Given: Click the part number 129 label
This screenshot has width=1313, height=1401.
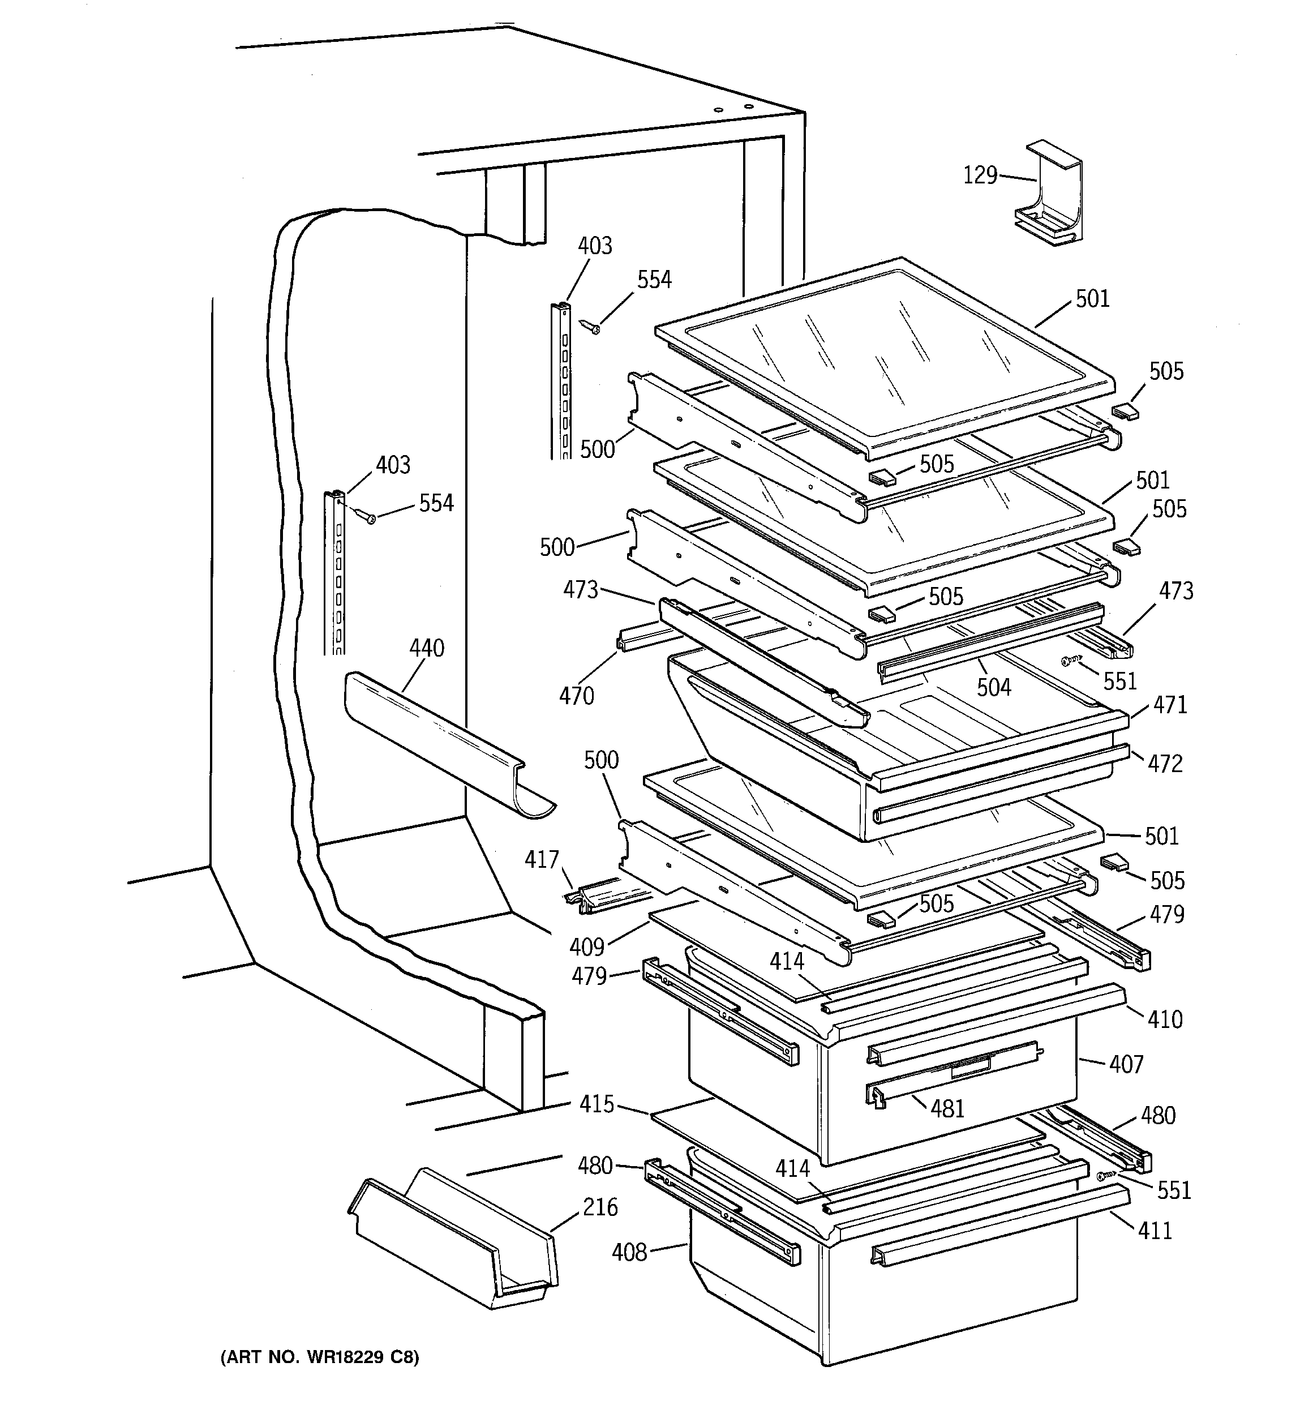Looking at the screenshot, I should click(980, 175).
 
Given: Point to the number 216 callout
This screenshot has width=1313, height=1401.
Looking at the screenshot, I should click(600, 1207).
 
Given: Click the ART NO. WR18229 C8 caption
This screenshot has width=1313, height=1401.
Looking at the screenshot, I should click(320, 1357).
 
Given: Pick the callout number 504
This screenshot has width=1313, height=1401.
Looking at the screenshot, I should click(993, 687).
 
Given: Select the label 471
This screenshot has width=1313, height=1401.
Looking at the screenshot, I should click(1170, 704).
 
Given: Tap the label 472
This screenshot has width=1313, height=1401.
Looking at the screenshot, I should click(1165, 763).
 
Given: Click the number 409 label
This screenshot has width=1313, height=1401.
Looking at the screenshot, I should click(587, 946).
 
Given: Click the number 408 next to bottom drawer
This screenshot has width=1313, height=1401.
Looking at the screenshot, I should click(629, 1252).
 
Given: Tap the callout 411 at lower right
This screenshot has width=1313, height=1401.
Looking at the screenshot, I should click(1155, 1231).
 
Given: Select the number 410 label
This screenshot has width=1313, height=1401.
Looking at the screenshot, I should click(1164, 1019).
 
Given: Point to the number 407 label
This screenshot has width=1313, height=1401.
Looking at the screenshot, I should click(1126, 1064).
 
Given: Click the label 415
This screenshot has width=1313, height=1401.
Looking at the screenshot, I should click(597, 1104).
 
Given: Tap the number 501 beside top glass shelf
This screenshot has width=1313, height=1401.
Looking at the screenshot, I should click(1092, 299).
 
